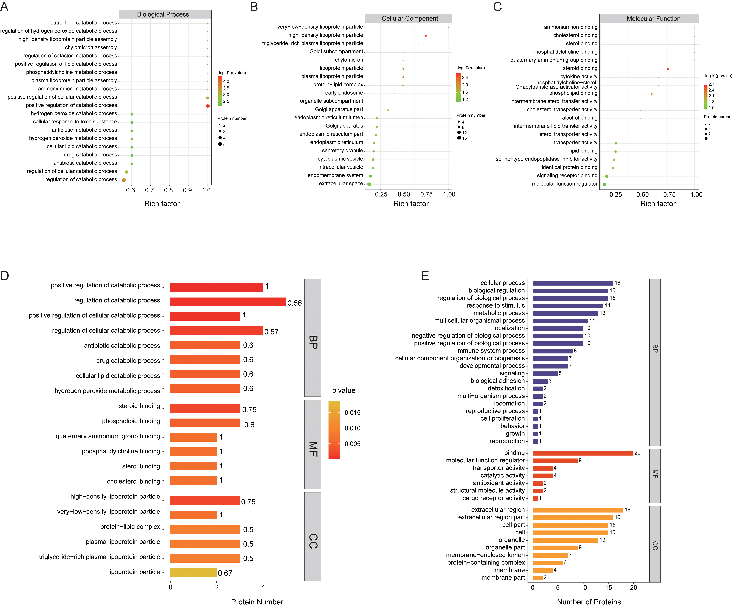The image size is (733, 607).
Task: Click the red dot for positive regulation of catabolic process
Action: click(208, 106)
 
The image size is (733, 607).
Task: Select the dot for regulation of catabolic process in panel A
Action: click(124, 180)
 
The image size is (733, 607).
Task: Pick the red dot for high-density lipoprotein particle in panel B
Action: click(426, 36)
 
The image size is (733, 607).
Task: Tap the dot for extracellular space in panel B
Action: click(369, 184)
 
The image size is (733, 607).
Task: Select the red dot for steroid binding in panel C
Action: click(668, 69)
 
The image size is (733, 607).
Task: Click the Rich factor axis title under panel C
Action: click(658, 204)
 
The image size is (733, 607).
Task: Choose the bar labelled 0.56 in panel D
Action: click(228, 302)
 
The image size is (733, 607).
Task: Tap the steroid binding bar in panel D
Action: click(205, 408)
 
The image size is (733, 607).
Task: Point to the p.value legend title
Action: click(343, 390)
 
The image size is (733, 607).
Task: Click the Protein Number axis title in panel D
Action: click(257, 602)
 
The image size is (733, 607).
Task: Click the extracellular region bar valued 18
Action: click(578, 510)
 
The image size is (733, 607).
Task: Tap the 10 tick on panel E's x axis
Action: click(583, 587)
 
